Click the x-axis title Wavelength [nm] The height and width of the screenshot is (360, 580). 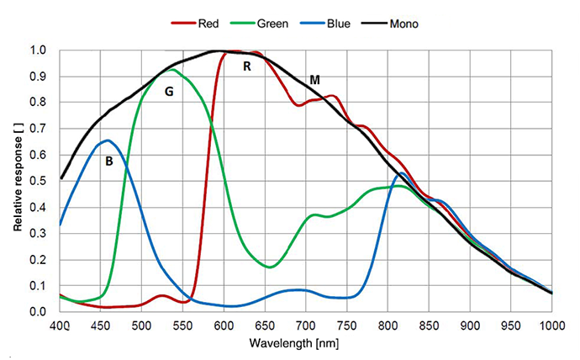(x=306, y=345)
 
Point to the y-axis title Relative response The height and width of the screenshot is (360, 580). (x=18, y=181)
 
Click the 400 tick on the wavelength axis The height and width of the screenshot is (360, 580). (x=60, y=326)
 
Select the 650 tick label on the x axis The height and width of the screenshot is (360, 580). (x=265, y=326)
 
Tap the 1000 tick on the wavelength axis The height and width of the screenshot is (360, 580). (x=551, y=326)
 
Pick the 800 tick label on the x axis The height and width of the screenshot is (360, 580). (x=388, y=326)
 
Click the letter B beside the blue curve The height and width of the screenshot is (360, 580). (x=108, y=161)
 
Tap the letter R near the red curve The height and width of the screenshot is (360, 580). (x=247, y=66)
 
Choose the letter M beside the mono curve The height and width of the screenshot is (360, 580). (x=315, y=80)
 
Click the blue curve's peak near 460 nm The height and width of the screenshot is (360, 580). (x=108, y=140)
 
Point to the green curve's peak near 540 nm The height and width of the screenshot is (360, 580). (x=172, y=70)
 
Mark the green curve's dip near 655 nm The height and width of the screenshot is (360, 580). (x=269, y=267)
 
